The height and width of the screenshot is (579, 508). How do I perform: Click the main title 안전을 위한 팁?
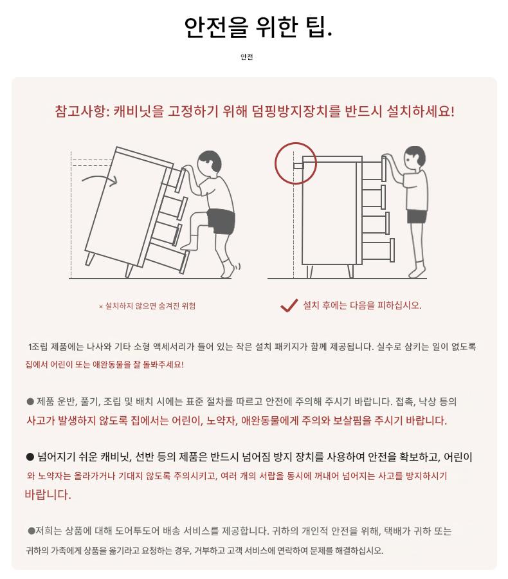tap(258, 26)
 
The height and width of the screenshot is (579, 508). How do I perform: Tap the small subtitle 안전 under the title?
tap(247, 57)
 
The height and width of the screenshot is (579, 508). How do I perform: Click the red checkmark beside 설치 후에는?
tap(289, 306)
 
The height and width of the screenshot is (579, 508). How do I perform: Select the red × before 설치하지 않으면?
tap(101, 306)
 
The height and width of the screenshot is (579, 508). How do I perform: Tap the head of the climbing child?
tap(210, 163)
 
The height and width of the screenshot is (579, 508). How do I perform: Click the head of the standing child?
tap(415, 158)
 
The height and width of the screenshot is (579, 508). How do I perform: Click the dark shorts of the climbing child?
tap(221, 221)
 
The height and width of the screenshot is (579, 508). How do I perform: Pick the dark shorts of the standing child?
tap(417, 216)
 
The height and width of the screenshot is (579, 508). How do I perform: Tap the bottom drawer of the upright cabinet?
tap(377, 250)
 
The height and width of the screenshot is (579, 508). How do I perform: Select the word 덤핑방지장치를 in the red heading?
tap(296, 111)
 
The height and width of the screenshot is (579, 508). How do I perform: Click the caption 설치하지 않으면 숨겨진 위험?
tap(150, 306)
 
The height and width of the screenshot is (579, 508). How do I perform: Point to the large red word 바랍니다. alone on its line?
tap(48, 495)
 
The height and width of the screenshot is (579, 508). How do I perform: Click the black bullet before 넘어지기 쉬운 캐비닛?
tap(30, 457)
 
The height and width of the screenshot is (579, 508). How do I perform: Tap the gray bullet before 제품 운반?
tap(30, 401)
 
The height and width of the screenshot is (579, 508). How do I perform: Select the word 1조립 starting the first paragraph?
tap(38, 347)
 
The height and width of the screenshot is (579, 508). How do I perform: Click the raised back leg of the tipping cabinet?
tap(89, 259)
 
